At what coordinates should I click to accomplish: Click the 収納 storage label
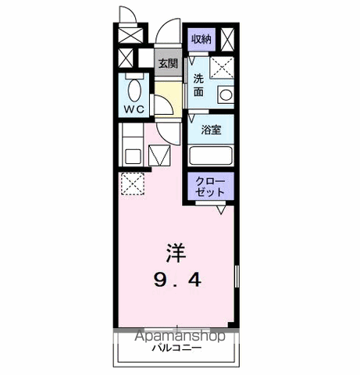tap(201, 39)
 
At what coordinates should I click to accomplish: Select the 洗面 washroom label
tap(200, 85)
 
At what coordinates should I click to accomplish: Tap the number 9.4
tap(177, 279)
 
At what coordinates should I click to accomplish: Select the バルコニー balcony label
tap(176, 347)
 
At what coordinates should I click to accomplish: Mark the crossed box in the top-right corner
tap(227, 39)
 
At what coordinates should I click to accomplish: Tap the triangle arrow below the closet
tap(222, 209)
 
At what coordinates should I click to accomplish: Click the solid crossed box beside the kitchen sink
tap(159, 157)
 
